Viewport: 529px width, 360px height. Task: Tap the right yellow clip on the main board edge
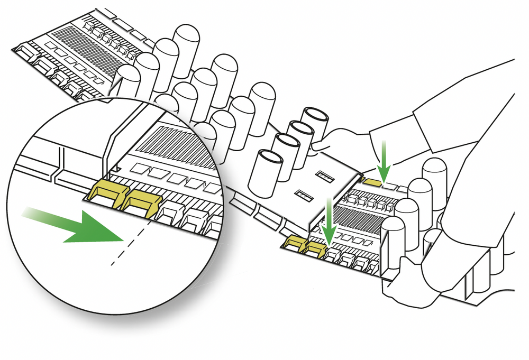pos(316,247)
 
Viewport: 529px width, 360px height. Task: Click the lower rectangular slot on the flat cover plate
pos(304,195)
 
